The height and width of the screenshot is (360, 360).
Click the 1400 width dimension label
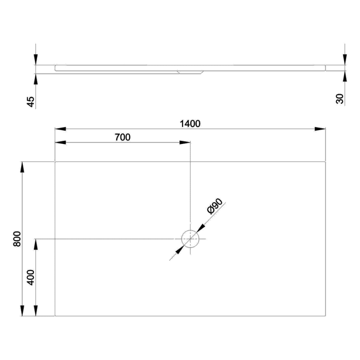190,123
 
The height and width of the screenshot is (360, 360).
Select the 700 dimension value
122,137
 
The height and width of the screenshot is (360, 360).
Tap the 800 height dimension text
17,239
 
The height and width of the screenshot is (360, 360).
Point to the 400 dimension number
31,278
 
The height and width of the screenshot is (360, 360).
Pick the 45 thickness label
31,101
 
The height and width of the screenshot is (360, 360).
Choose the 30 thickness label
340,99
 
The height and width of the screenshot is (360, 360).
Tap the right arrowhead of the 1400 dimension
321,129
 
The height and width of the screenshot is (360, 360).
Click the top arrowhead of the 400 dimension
35,244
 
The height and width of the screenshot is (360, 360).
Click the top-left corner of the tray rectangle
55,162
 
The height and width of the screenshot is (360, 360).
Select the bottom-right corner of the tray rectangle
326,316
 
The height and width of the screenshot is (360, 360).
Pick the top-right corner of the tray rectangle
326,162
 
